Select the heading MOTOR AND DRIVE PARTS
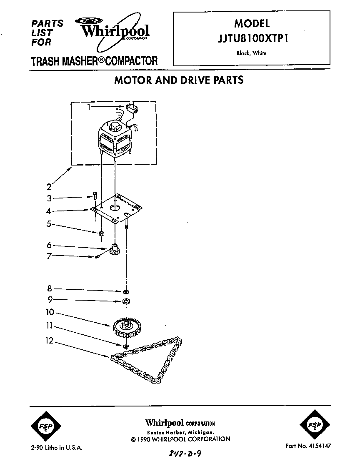click(x=179, y=80)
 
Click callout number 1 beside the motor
click(x=89, y=107)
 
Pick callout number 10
click(x=50, y=312)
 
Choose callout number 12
click(x=50, y=341)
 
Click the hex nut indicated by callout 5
click(x=101, y=233)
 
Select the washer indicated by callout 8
click(x=125, y=291)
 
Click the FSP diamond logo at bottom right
click(x=313, y=426)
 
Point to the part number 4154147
click(x=308, y=446)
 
